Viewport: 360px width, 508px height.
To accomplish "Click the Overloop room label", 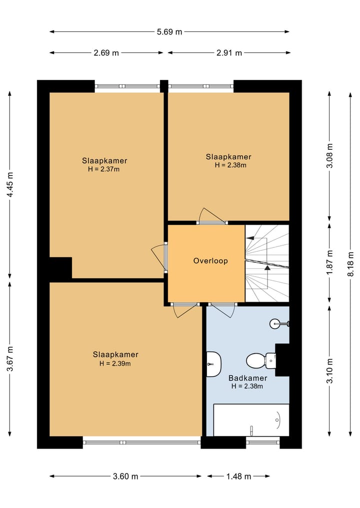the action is pyautogui.click(x=210, y=261).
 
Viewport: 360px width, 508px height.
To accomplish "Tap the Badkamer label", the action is pyautogui.click(x=248, y=378).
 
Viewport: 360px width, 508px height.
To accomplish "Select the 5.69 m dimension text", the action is pyautogui.click(x=169, y=32).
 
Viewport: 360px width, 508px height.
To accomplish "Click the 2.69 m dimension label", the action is pyautogui.click(x=106, y=53).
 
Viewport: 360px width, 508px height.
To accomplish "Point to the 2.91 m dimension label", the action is pyautogui.click(x=229, y=53).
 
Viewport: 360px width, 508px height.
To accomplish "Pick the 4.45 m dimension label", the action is pyautogui.click(x=10, y=185).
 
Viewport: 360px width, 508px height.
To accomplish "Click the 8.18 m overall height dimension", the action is pyautogui.click(x=350, y=264).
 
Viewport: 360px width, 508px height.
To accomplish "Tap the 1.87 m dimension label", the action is pyautogui.click(x=329, y=262).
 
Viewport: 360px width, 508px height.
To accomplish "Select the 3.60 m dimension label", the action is pyautogui.click(x=125, y=476).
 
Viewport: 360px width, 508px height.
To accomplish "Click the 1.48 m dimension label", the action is pyautogui.click(x=238, y=476).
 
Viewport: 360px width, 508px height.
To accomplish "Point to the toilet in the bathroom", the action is pyautogui.click(x=261, y=360).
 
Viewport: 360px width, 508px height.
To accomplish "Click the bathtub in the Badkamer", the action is pyautogui.click(x=251, y=420).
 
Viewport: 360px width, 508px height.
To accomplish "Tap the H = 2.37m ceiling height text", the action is pyautogui.click(x=104, y=169).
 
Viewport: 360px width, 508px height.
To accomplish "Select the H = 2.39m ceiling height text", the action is pyautogui.click(x=115, y=364).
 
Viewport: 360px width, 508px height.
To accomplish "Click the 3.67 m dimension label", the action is pyautogui.click(x=10, y=359).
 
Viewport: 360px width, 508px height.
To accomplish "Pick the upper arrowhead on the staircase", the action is pyautogui.click(x=250, y=238).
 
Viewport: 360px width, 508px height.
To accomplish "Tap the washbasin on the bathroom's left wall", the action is pyautogui.click(x=214, y=364).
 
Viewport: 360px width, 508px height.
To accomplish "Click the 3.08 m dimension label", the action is pyautogui.click(x=329, y=155).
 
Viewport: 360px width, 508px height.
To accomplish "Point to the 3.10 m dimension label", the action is pyautogui.click(x=329, y=371).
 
